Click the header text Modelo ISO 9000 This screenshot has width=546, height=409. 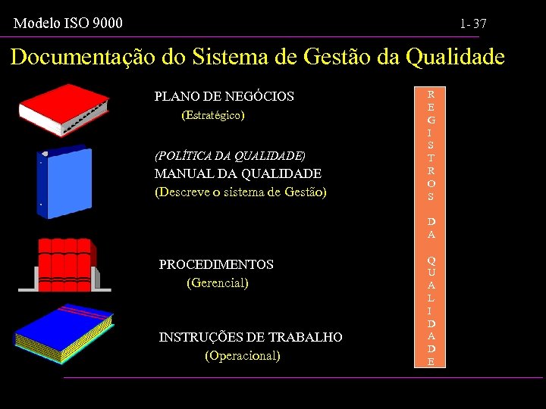click(68, 23)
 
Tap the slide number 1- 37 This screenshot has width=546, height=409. click(472, 25)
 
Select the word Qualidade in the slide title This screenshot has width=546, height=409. click(455, 57)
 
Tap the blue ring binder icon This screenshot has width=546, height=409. click(64, 182)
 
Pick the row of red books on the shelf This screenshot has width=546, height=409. click(66, 261)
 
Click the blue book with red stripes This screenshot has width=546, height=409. click(64, 333)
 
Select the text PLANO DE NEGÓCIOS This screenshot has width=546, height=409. click(224, 96)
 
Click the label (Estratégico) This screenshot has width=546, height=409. click(213, 116)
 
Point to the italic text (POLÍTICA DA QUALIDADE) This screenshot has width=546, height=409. click(230, 156)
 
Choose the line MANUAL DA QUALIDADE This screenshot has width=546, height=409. click(237, 173)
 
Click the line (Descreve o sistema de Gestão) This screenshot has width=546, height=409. click(240, 192)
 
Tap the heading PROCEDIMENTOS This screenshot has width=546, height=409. click(216, 264)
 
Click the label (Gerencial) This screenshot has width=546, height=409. click(218, 283)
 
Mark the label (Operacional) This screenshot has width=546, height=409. click(243, 355)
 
